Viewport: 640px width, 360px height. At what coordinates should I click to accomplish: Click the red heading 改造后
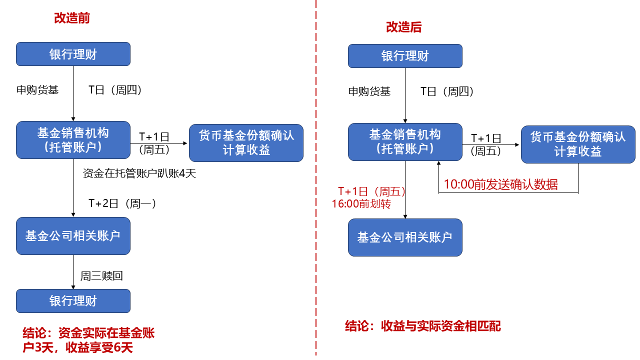[403, 27]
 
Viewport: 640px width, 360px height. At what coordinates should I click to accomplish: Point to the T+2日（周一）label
[122, 203]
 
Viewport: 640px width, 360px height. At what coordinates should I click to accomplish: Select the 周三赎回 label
[101, 275]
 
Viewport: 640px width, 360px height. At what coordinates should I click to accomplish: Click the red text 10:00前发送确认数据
[500, 184]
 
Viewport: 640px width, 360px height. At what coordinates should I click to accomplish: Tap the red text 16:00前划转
[361, 204]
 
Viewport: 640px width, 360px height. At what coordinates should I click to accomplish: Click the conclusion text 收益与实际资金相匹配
[422, 326]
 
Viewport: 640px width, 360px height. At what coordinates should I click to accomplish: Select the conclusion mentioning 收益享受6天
[88, 340]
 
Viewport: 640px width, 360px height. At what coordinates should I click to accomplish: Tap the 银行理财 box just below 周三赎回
[73, 301]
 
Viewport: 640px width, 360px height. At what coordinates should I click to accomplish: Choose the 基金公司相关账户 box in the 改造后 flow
[405, 237]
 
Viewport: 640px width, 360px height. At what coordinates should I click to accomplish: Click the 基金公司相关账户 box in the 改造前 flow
[73, 236]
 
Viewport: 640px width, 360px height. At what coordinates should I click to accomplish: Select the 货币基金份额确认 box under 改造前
[246, 143]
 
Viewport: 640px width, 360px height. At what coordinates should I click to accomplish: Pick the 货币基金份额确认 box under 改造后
[578, 144]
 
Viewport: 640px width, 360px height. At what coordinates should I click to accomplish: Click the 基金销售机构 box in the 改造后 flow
[405, 142]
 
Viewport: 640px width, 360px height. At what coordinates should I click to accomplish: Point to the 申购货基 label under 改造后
[369, 91]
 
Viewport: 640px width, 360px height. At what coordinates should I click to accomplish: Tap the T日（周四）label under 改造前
[115, 90]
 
